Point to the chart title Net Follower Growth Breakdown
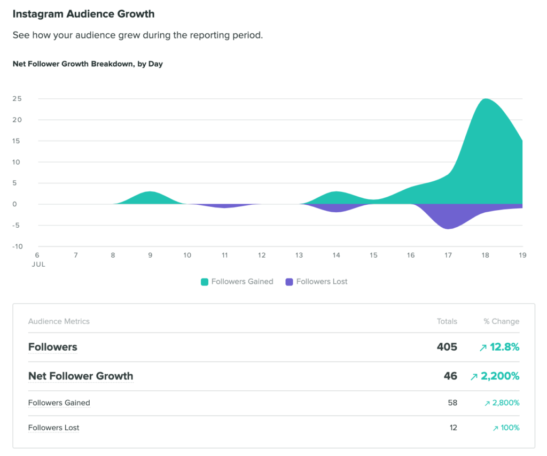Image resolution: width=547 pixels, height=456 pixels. coord(88,64)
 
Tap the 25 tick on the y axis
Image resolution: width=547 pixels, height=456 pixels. coord(17,99)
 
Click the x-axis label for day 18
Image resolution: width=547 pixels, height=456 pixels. coord(485,256)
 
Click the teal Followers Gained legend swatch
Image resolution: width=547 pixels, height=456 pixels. coord(205,282)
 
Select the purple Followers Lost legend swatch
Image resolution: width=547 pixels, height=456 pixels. coord(290,282)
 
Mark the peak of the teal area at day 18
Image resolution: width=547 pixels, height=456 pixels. coord(485,99)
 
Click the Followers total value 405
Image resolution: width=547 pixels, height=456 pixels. coord(447,347)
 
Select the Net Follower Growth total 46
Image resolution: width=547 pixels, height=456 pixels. coord(450,376)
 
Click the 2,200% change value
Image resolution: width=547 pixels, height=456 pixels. coord(500,376)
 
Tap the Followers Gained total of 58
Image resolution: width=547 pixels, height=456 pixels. coord(452,403)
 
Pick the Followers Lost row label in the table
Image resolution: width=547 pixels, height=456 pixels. coord(53,428)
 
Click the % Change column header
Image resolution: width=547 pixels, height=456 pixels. coord(501,321)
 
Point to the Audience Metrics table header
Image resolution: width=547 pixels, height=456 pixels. coord(59,321)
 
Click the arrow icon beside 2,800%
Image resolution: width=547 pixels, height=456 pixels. coord(487,404)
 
